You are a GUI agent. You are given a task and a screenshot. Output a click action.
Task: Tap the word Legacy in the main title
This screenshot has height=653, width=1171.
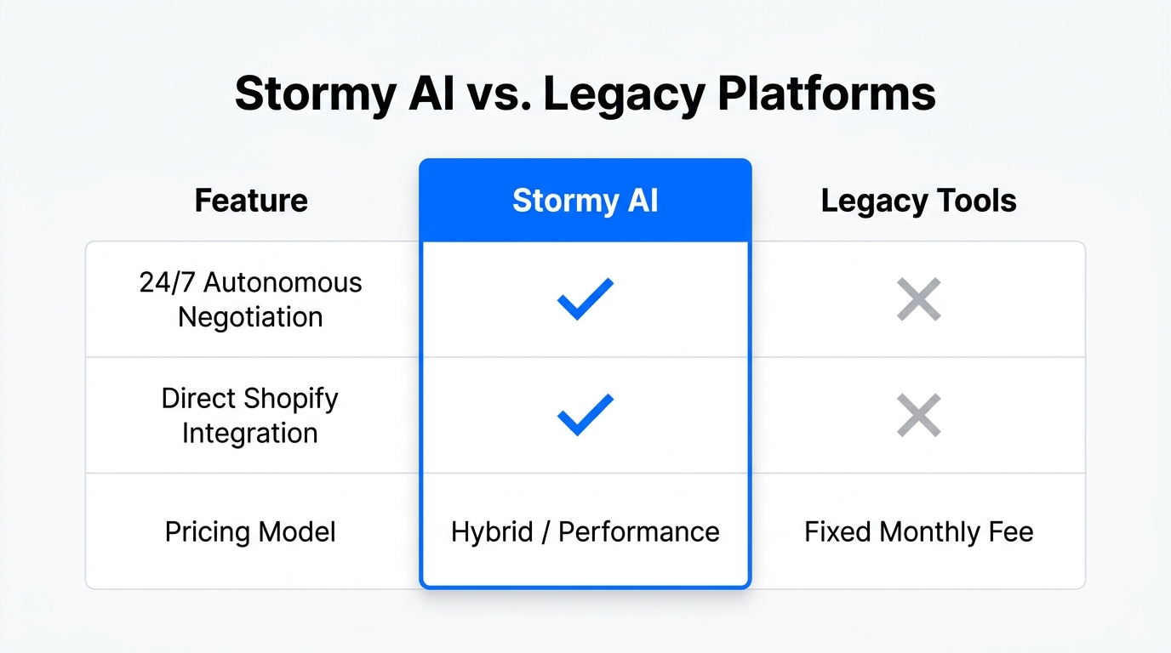tap(623, 94)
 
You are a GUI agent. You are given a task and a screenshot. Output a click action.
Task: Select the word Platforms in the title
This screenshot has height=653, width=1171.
tap(826, 94)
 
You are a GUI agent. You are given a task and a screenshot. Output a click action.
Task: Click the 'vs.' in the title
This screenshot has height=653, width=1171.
tap(493, 94)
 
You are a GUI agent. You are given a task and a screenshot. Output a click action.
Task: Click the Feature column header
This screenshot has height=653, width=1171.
tap(251, 202)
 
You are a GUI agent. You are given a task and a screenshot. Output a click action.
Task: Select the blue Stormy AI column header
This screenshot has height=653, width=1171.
tap(585, 202)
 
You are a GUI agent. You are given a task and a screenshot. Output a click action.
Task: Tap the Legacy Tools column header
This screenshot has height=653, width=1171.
tap(918, 202)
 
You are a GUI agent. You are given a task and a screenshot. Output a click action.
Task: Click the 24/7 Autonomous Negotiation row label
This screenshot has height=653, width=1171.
tap(251, 299)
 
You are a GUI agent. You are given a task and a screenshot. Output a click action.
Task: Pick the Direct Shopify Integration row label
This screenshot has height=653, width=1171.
tap(250, 415)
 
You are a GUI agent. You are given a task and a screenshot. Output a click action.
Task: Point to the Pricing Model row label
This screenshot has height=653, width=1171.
tap(250, 532)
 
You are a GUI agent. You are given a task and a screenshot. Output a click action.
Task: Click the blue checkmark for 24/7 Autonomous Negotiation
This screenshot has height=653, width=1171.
tap(585, 299)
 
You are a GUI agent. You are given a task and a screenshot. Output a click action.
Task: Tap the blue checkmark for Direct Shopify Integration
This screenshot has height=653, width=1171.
tap(585, 415)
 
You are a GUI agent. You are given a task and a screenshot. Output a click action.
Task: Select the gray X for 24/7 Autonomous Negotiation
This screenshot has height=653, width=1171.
tap(919, 299)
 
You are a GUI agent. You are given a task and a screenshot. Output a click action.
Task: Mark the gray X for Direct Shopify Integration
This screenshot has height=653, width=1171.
tap(919, 415)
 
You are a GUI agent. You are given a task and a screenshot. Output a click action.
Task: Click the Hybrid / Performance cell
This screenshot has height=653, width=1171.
tap(585, 532)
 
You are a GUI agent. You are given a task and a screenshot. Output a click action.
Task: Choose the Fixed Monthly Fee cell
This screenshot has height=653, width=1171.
tap(919, 532)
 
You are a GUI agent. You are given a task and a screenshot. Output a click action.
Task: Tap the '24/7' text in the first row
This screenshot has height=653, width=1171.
tap(168, 283)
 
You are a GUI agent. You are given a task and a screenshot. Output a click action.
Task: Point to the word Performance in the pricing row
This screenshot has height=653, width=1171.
tap(638, 532)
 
